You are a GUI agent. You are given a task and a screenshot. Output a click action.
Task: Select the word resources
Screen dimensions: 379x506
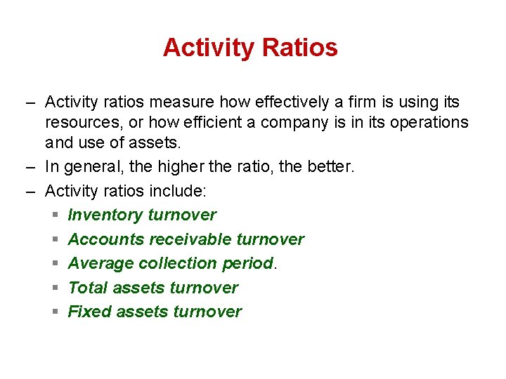80,123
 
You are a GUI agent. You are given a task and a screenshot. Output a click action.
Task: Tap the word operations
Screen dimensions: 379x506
429,123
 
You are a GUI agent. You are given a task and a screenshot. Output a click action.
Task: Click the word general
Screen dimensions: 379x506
90,167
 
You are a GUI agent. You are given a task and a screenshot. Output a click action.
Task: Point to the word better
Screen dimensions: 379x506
331,167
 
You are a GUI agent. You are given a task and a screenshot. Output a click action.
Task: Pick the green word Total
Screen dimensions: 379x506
88,288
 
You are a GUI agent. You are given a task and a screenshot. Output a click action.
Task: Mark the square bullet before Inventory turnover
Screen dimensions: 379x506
56,215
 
